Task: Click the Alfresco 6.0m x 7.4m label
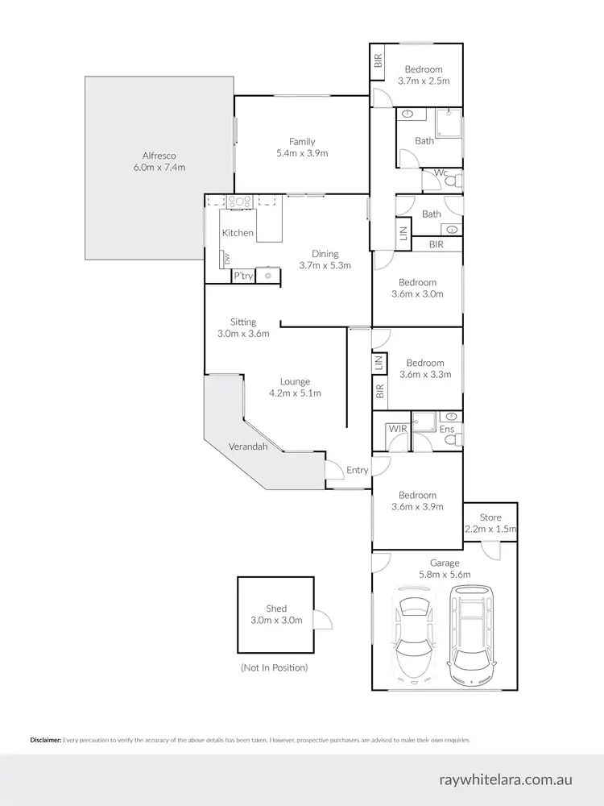(x=159, y=161)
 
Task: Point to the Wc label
(x=441, y=172)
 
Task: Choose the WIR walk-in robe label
(x=396, y=429)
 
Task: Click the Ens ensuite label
(x=446, y=430)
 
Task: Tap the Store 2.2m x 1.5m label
(x=490, y=524)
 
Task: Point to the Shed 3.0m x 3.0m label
(x=275, y=615)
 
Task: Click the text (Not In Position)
(x=274, y=667)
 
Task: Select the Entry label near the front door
(x=357, y=470)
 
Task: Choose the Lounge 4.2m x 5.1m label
(x=295, y=388)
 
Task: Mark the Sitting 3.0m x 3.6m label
(x=242, y=327)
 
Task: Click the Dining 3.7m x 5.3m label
(x=325, y=260)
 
